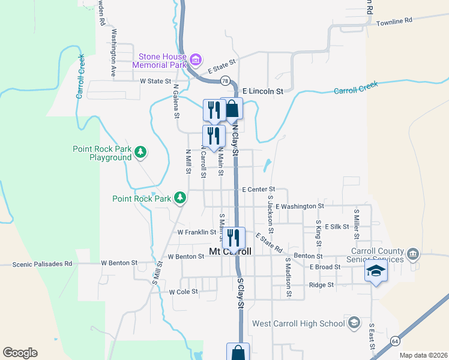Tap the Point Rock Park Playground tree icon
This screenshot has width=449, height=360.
point(140,152)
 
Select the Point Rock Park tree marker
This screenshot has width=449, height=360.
point(179,197)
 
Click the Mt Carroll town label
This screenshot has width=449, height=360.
point(229,252)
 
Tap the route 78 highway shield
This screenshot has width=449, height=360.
point(225,80)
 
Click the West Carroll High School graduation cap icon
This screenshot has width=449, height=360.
point(354,323)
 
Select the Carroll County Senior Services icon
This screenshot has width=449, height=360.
point(413,254)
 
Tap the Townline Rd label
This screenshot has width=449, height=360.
point(394,21)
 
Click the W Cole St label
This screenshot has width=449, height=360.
point(183,292)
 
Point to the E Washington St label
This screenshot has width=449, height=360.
point(301,206)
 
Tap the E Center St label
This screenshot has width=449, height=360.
point(258,190)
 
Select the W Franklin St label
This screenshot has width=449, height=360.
point(196,232)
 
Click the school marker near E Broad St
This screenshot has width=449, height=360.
point(376,272)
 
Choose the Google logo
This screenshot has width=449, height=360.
point(20,352)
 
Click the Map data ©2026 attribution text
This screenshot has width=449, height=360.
point(423,355)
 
